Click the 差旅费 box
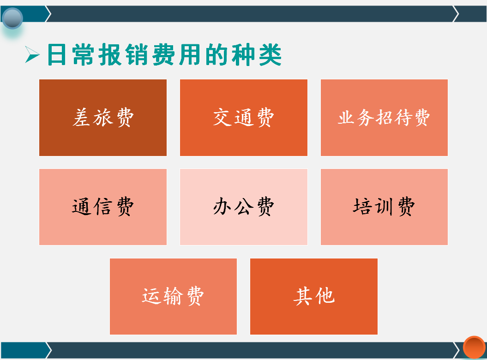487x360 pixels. tap(102, 118)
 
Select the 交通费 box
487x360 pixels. tap(243, 118)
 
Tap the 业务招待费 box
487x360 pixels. tap(384, 118)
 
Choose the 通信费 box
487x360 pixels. tap(102, 207)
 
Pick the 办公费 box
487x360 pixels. tap(243, 207)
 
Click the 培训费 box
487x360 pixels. tap(384, 207)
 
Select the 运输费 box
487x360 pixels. tap(173, 296)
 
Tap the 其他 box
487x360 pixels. tap(313, 296)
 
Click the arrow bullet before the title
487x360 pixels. tap(32, 55)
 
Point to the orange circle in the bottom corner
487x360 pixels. tap(474, 347)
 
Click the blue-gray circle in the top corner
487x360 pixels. tap(12, 18)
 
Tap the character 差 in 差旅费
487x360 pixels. tap(82, 118)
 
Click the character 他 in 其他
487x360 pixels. tap(325, 296)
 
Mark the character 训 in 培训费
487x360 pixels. tap(384, 207)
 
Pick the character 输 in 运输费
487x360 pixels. tap(173, 296)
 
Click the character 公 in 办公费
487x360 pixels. tap(243, 207)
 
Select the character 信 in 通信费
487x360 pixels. tap(102, 207)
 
